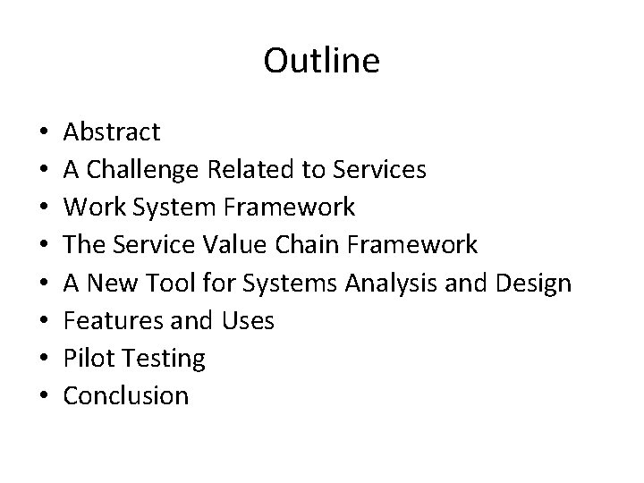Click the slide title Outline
(x=322, y=61)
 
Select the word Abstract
(x=112, y=132)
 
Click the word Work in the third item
(x=88, y=208)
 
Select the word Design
(x=531, y=283)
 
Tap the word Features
(x=106, y=320)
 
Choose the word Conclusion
(x=126, y=395)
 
